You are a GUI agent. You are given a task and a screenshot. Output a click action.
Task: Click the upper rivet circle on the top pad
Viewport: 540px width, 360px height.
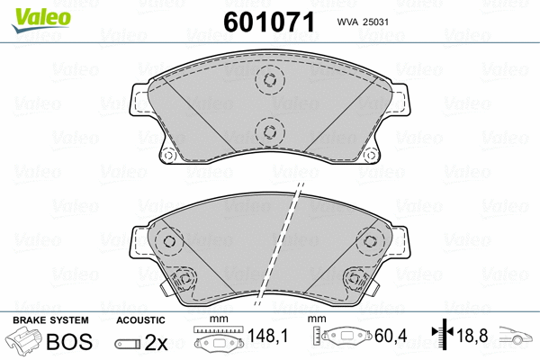click(268, 80)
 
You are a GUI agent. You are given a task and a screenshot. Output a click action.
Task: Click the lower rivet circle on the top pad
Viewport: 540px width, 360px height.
click(268, 132)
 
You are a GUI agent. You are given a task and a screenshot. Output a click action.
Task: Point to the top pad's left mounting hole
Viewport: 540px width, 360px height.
click(167, 155)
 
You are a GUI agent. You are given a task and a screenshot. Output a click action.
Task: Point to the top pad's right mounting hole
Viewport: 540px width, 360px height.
click(369, 155)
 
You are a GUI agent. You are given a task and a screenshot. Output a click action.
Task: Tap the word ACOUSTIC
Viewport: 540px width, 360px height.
click(140, 320)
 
